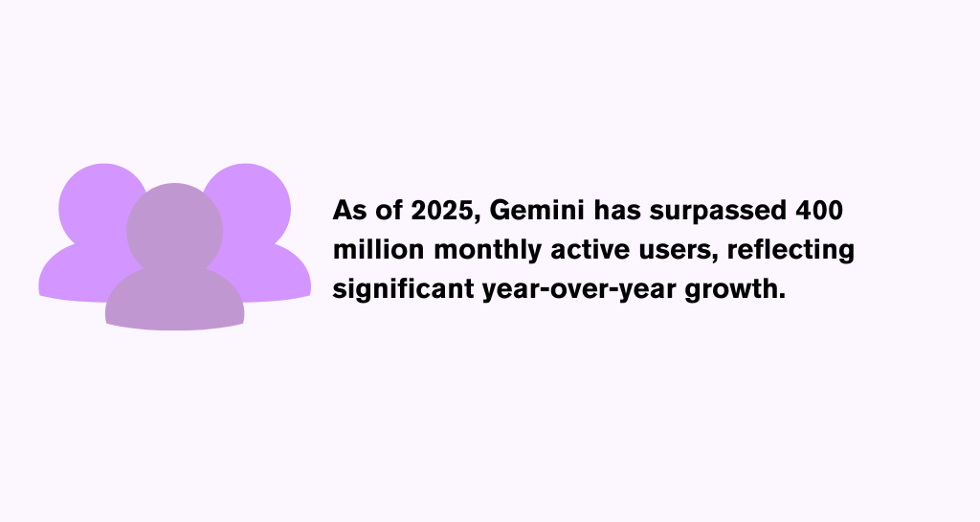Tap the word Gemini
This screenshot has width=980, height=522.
[537, 210]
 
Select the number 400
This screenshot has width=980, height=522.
[819, 211]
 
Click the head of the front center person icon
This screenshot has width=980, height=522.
[174, 231]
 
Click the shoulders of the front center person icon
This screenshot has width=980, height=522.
[174, 300]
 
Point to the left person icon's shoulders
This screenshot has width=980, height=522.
[75, 275]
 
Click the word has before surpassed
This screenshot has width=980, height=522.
[617, 210]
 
